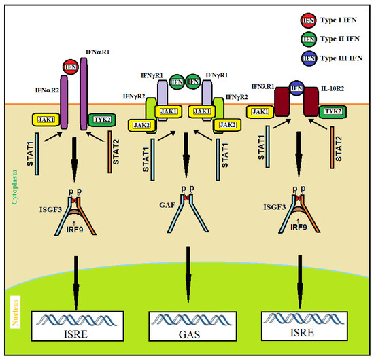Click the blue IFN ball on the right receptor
click(296, 87)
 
